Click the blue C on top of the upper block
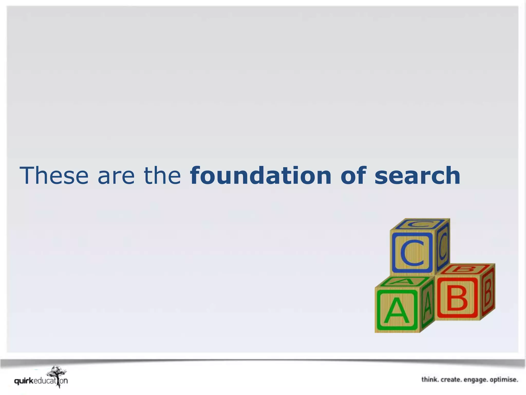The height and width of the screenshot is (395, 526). [420, 224]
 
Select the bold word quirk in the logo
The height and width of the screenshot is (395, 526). [24, 381]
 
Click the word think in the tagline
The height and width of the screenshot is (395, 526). [430, 380]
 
